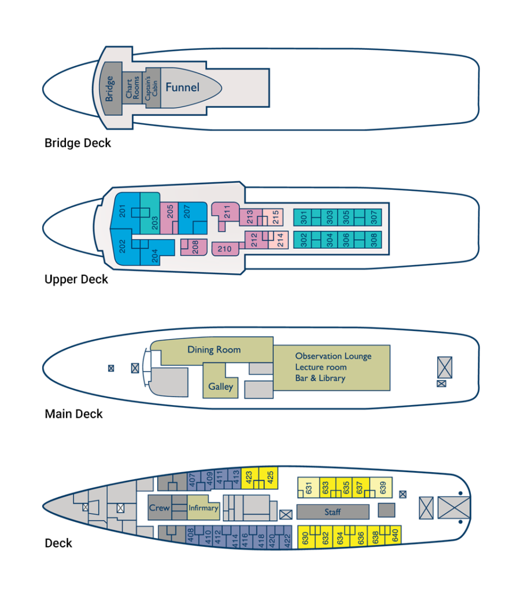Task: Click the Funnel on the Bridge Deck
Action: point(182,87)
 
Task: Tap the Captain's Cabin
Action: point(152,88)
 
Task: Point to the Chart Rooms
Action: point(132,88)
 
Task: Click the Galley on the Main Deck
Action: point(220,386)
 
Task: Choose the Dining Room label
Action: point(213,349)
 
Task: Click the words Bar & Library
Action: point(320,378)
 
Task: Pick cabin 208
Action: point(195,248)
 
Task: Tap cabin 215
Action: point(276,217)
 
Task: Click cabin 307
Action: point(374,218)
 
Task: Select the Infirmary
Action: point(203,508)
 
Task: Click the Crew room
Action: point(159,508)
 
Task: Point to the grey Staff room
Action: point(333,512)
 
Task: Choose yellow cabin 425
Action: point(270,477)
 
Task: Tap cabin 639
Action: point(382,487)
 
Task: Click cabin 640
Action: point(395,536)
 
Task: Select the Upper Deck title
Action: point(76,279)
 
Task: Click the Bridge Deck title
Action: point(78,142)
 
